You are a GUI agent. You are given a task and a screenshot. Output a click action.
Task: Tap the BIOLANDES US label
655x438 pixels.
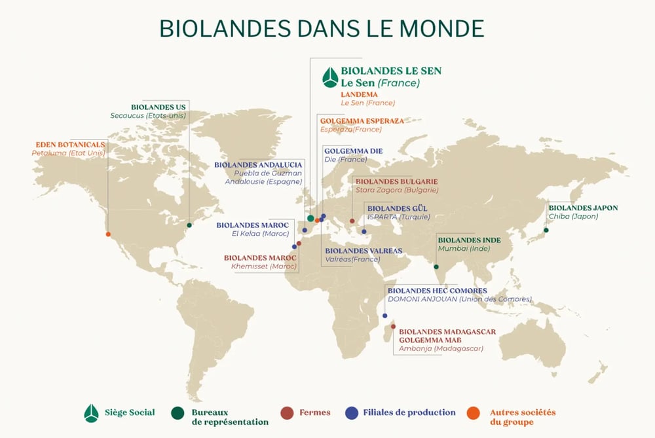(x=159, y=106)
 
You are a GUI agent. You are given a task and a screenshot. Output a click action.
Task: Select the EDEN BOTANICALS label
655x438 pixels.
(x=68, y=144)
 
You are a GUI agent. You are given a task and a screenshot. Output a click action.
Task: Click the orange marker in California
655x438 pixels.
(x=108, y=234)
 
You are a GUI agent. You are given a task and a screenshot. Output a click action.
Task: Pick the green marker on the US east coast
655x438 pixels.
(x=189, y=225)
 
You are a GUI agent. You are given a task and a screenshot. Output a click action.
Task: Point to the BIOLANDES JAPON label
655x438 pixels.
(x=583, y=208)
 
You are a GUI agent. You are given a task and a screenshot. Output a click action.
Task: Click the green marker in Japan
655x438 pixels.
(x=546, y=230)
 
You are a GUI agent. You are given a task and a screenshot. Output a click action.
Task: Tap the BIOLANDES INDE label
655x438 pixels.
(x=469, y=240)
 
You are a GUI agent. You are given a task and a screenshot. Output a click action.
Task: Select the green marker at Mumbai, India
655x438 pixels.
(x=436, y=266)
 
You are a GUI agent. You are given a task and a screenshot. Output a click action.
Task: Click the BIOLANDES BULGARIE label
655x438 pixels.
(x=395, y=181)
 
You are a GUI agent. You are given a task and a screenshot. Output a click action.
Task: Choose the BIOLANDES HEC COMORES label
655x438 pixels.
(x=438, y=290)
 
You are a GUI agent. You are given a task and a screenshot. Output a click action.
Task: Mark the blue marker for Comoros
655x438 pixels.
(x=384, y=316)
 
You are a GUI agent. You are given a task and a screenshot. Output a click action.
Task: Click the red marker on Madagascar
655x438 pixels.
(x=393, y=326)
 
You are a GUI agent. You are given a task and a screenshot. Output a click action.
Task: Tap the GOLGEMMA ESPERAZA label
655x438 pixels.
(x=362, y=121)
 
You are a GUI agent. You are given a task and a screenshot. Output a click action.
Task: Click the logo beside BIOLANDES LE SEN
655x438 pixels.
(x=329, y=77)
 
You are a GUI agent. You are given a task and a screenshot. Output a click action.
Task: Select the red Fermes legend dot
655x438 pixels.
(x=286, y=412)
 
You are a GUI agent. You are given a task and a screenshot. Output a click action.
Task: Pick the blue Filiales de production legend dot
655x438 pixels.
(x=352, y=412)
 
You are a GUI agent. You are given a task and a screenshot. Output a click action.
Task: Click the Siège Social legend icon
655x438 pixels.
(x=92, y=413)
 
